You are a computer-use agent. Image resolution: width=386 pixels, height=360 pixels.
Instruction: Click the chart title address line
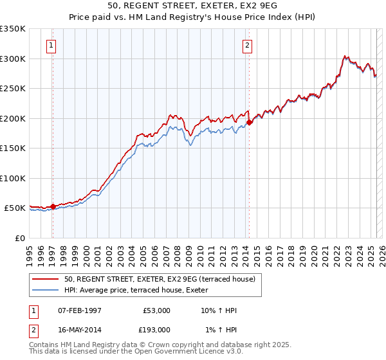click(193, 6)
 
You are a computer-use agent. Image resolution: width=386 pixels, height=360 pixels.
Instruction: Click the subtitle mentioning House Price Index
click(193, 17)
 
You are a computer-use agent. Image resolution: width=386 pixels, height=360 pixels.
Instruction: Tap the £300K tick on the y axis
click(13, 59)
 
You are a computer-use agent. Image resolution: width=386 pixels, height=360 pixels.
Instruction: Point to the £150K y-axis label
click(13, 148)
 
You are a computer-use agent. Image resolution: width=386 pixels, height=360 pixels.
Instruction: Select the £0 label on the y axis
click(19, 238)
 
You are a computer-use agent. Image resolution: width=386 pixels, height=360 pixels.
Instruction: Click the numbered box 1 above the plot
click(51, 45)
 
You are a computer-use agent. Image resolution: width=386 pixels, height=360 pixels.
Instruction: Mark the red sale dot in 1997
click(53, 206)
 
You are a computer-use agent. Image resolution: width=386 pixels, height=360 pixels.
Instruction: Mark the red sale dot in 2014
click(250, 122)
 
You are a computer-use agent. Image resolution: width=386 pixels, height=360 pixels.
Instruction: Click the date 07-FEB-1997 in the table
click(80, 310)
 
